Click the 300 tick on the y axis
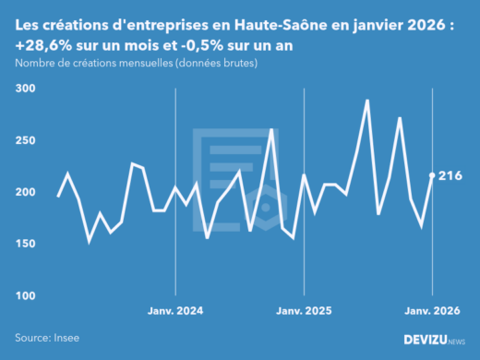pyautogui.click(x=25, y=89)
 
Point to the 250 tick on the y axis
pyautogui.click(x=25, y=140)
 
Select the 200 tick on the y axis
pyautogui.click(x=25, y=192)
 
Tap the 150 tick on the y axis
pyautogui.click(x=25, y=244)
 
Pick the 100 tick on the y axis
pyautogui.click(x=25, y=295)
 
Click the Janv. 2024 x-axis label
pyautogui.click(x=175, y=311)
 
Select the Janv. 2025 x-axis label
pyautogui.click(x=304, y=311)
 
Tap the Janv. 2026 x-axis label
pyautogui.click(x=432, y=311)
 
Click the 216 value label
pyautogui.click(x=450, y=175)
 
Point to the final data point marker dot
pyautogui.click(x=432, y=175)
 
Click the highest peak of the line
pyautogui.click(x=367, y=101)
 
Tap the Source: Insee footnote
pyautogui.click(x=47, y=338)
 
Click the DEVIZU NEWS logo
pyautogui.click(x=435, y=339)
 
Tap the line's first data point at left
pyautogui.click(x=58, y=196)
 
